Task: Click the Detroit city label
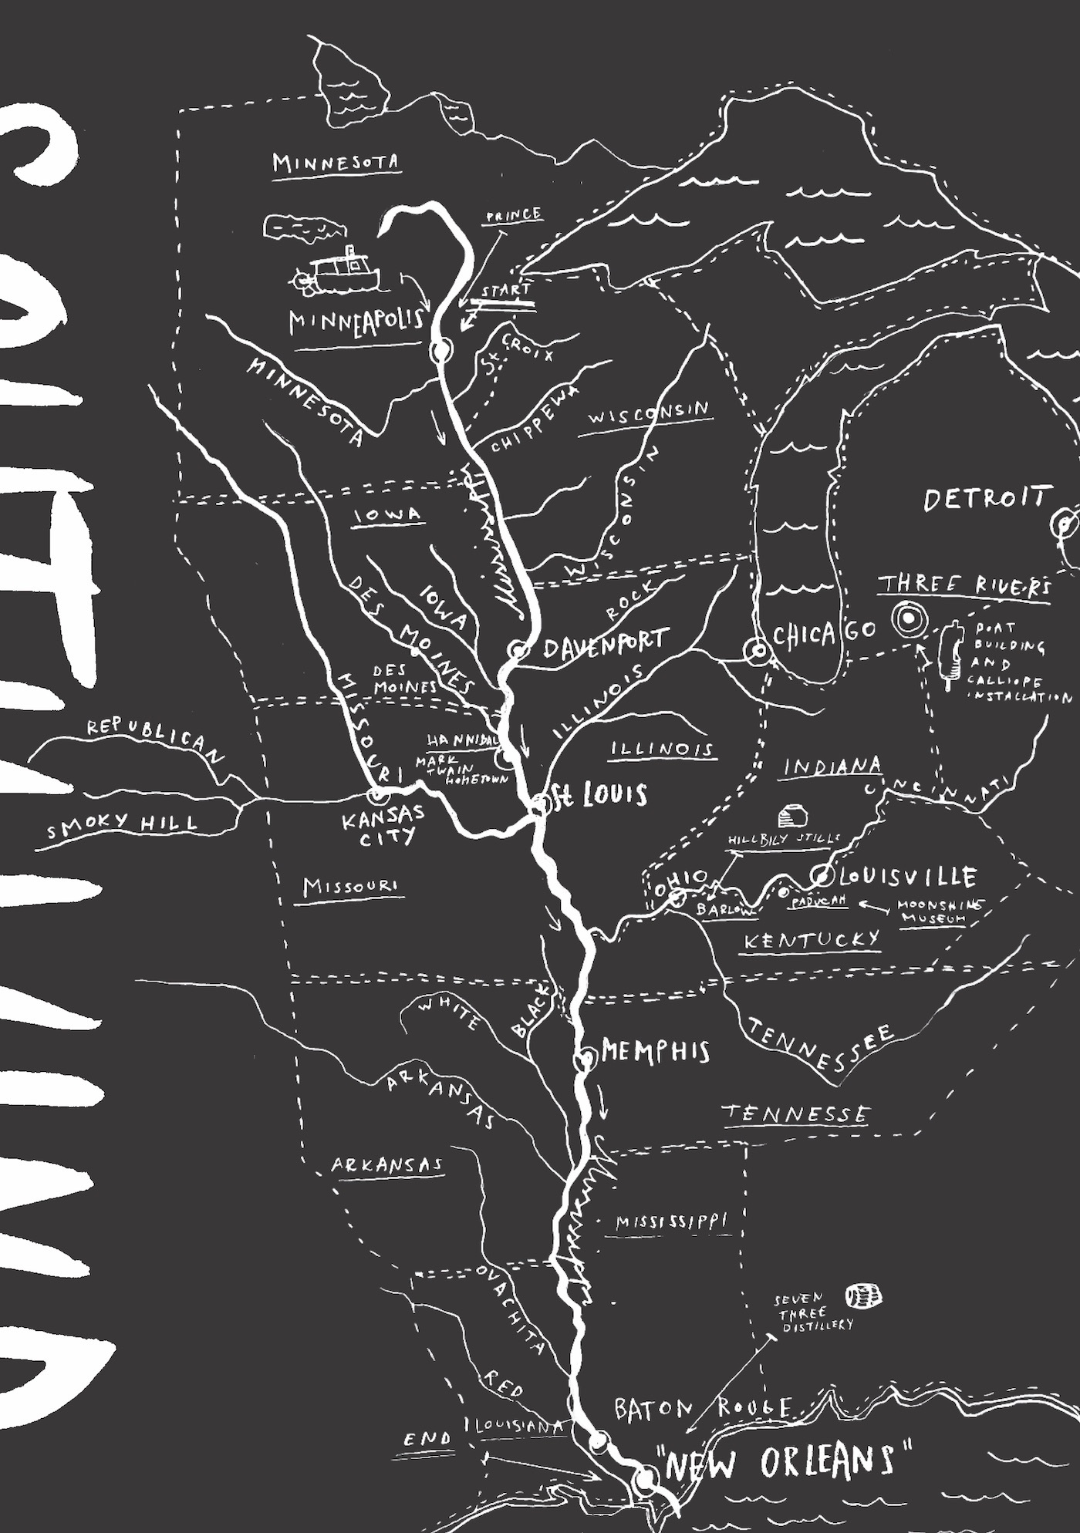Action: [987, 499]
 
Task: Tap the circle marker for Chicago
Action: [757, 650]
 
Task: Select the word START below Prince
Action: [506, 291]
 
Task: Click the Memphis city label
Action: [655, 1051]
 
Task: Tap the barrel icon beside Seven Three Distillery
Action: [864, 1295]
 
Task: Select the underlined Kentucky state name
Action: [811, 939]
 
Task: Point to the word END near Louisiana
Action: [427, 1439]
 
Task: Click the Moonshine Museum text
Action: [939, 911]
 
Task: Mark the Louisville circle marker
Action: [822, 876]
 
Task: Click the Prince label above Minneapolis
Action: [513, 215]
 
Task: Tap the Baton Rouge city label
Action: [702, 1408]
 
